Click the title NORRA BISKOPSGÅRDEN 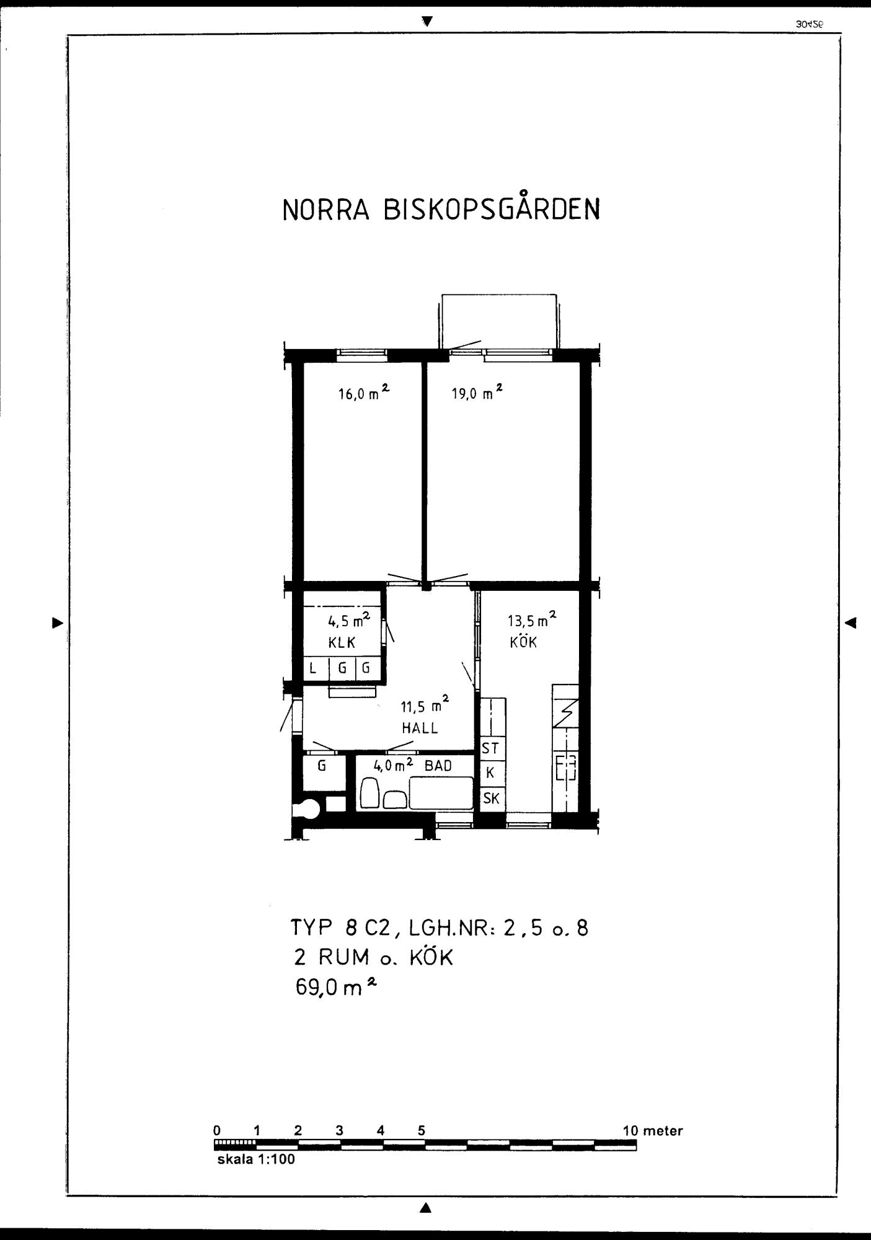coord(441,210)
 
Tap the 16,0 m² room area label coord(363,393)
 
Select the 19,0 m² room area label coord(476,393)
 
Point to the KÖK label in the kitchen coord(523,642)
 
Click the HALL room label coord(420,728)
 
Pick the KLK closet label coord(342,642)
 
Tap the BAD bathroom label coord(438,766)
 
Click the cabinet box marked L coord(313,668)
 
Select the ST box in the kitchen coord(490,748)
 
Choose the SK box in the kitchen coord(491,799)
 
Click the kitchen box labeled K coord(490,773)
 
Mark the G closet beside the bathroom coord(322,766)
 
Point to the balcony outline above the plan coord(498,321)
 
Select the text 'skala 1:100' coord(255,1159)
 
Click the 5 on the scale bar coord(422,1130)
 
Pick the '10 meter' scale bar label coord(652,1130)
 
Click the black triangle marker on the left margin coord(58,622)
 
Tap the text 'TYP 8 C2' coord(340,928)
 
